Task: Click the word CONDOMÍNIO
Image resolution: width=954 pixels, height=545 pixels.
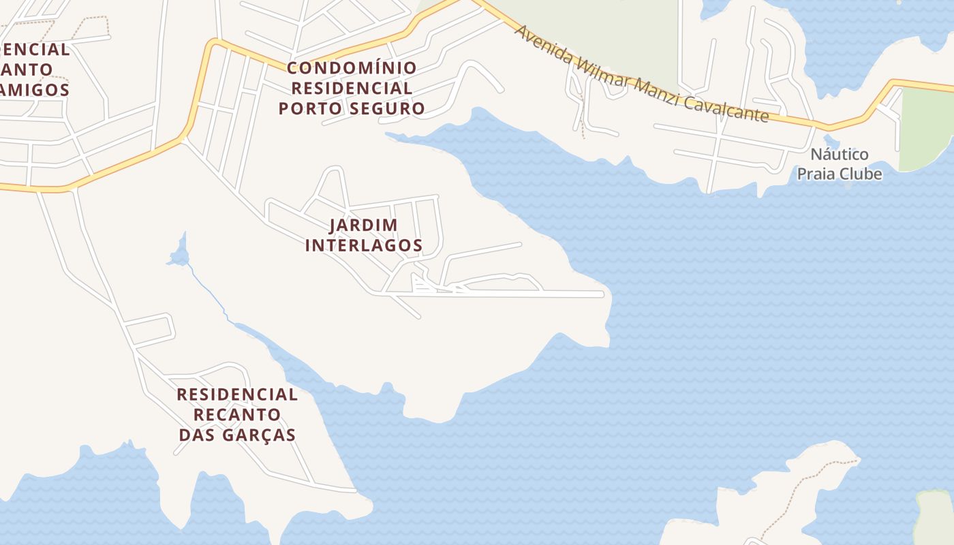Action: point(352,68)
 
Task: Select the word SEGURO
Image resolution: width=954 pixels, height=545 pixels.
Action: point(393,108)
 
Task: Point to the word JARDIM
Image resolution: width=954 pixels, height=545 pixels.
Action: point(363,225)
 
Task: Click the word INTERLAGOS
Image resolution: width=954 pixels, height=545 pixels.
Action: point(363,245)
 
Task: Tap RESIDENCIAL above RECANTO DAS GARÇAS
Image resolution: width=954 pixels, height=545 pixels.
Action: point(236,394)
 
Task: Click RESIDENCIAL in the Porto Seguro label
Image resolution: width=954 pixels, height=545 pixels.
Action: point(352,88)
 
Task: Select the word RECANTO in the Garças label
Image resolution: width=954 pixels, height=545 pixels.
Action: point(236,414)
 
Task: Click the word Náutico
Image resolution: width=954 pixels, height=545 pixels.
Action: point(839,154)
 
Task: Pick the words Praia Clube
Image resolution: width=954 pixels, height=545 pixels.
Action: point(839,174)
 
